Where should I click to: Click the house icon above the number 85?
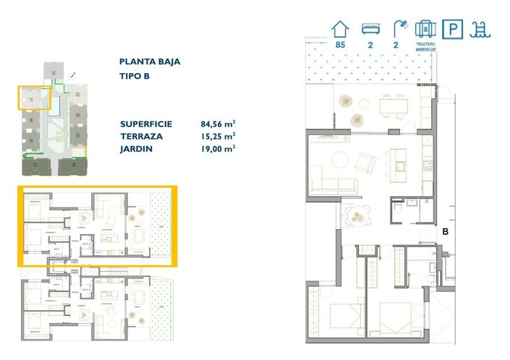[340, 29]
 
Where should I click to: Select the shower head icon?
[399, 29]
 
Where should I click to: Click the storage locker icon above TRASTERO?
[425, 29]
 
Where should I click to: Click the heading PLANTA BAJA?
[150, 62]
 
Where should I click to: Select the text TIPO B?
[136, 77]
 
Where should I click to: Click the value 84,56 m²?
[218, 124]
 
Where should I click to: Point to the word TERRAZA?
[142, 136]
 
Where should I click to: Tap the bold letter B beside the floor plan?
[446, 232]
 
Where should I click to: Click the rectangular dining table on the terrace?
[394, 106]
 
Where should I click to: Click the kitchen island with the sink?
[399, 163]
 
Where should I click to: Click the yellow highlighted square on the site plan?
[33, 98]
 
